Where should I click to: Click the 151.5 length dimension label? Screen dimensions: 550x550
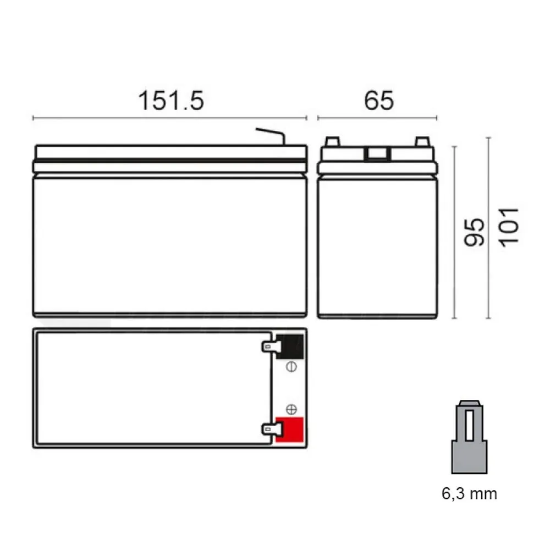[170, 101]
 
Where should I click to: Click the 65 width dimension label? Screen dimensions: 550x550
[379, 101]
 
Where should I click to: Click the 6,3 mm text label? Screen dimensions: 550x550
[469, 493]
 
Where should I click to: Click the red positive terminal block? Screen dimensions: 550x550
[290, 430]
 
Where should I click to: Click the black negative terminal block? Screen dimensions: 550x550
[290, 346]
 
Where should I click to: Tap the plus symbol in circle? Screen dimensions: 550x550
[292, 409]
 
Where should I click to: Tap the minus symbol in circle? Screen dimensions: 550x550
[292, 367]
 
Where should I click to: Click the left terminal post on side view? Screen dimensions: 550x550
[333, 142]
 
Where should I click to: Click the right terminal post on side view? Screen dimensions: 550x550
[422, 142]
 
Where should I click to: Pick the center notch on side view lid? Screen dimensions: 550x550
[377, 154]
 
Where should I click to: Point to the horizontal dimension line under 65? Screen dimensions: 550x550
[377, 118]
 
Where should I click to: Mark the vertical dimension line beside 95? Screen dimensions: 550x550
[454, 232]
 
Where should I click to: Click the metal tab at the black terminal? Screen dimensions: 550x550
[269, 346]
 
